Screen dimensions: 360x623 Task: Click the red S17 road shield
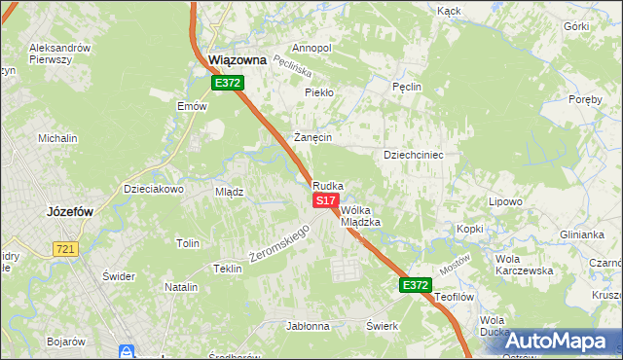click(325, 199)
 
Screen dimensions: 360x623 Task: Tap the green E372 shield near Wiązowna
click(228, 84)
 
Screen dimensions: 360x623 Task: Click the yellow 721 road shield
click(65, 249)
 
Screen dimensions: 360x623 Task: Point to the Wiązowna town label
click(238, 60)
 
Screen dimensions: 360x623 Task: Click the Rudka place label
click(328, 185)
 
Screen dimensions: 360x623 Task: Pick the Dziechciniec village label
click(414, 154)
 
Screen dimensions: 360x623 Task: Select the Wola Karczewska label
click(524, 265)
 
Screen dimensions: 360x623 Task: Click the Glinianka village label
click(582, 234)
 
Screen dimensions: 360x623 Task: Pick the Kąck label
click(449, 11)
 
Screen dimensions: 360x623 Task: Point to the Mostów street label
click(455, 263)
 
